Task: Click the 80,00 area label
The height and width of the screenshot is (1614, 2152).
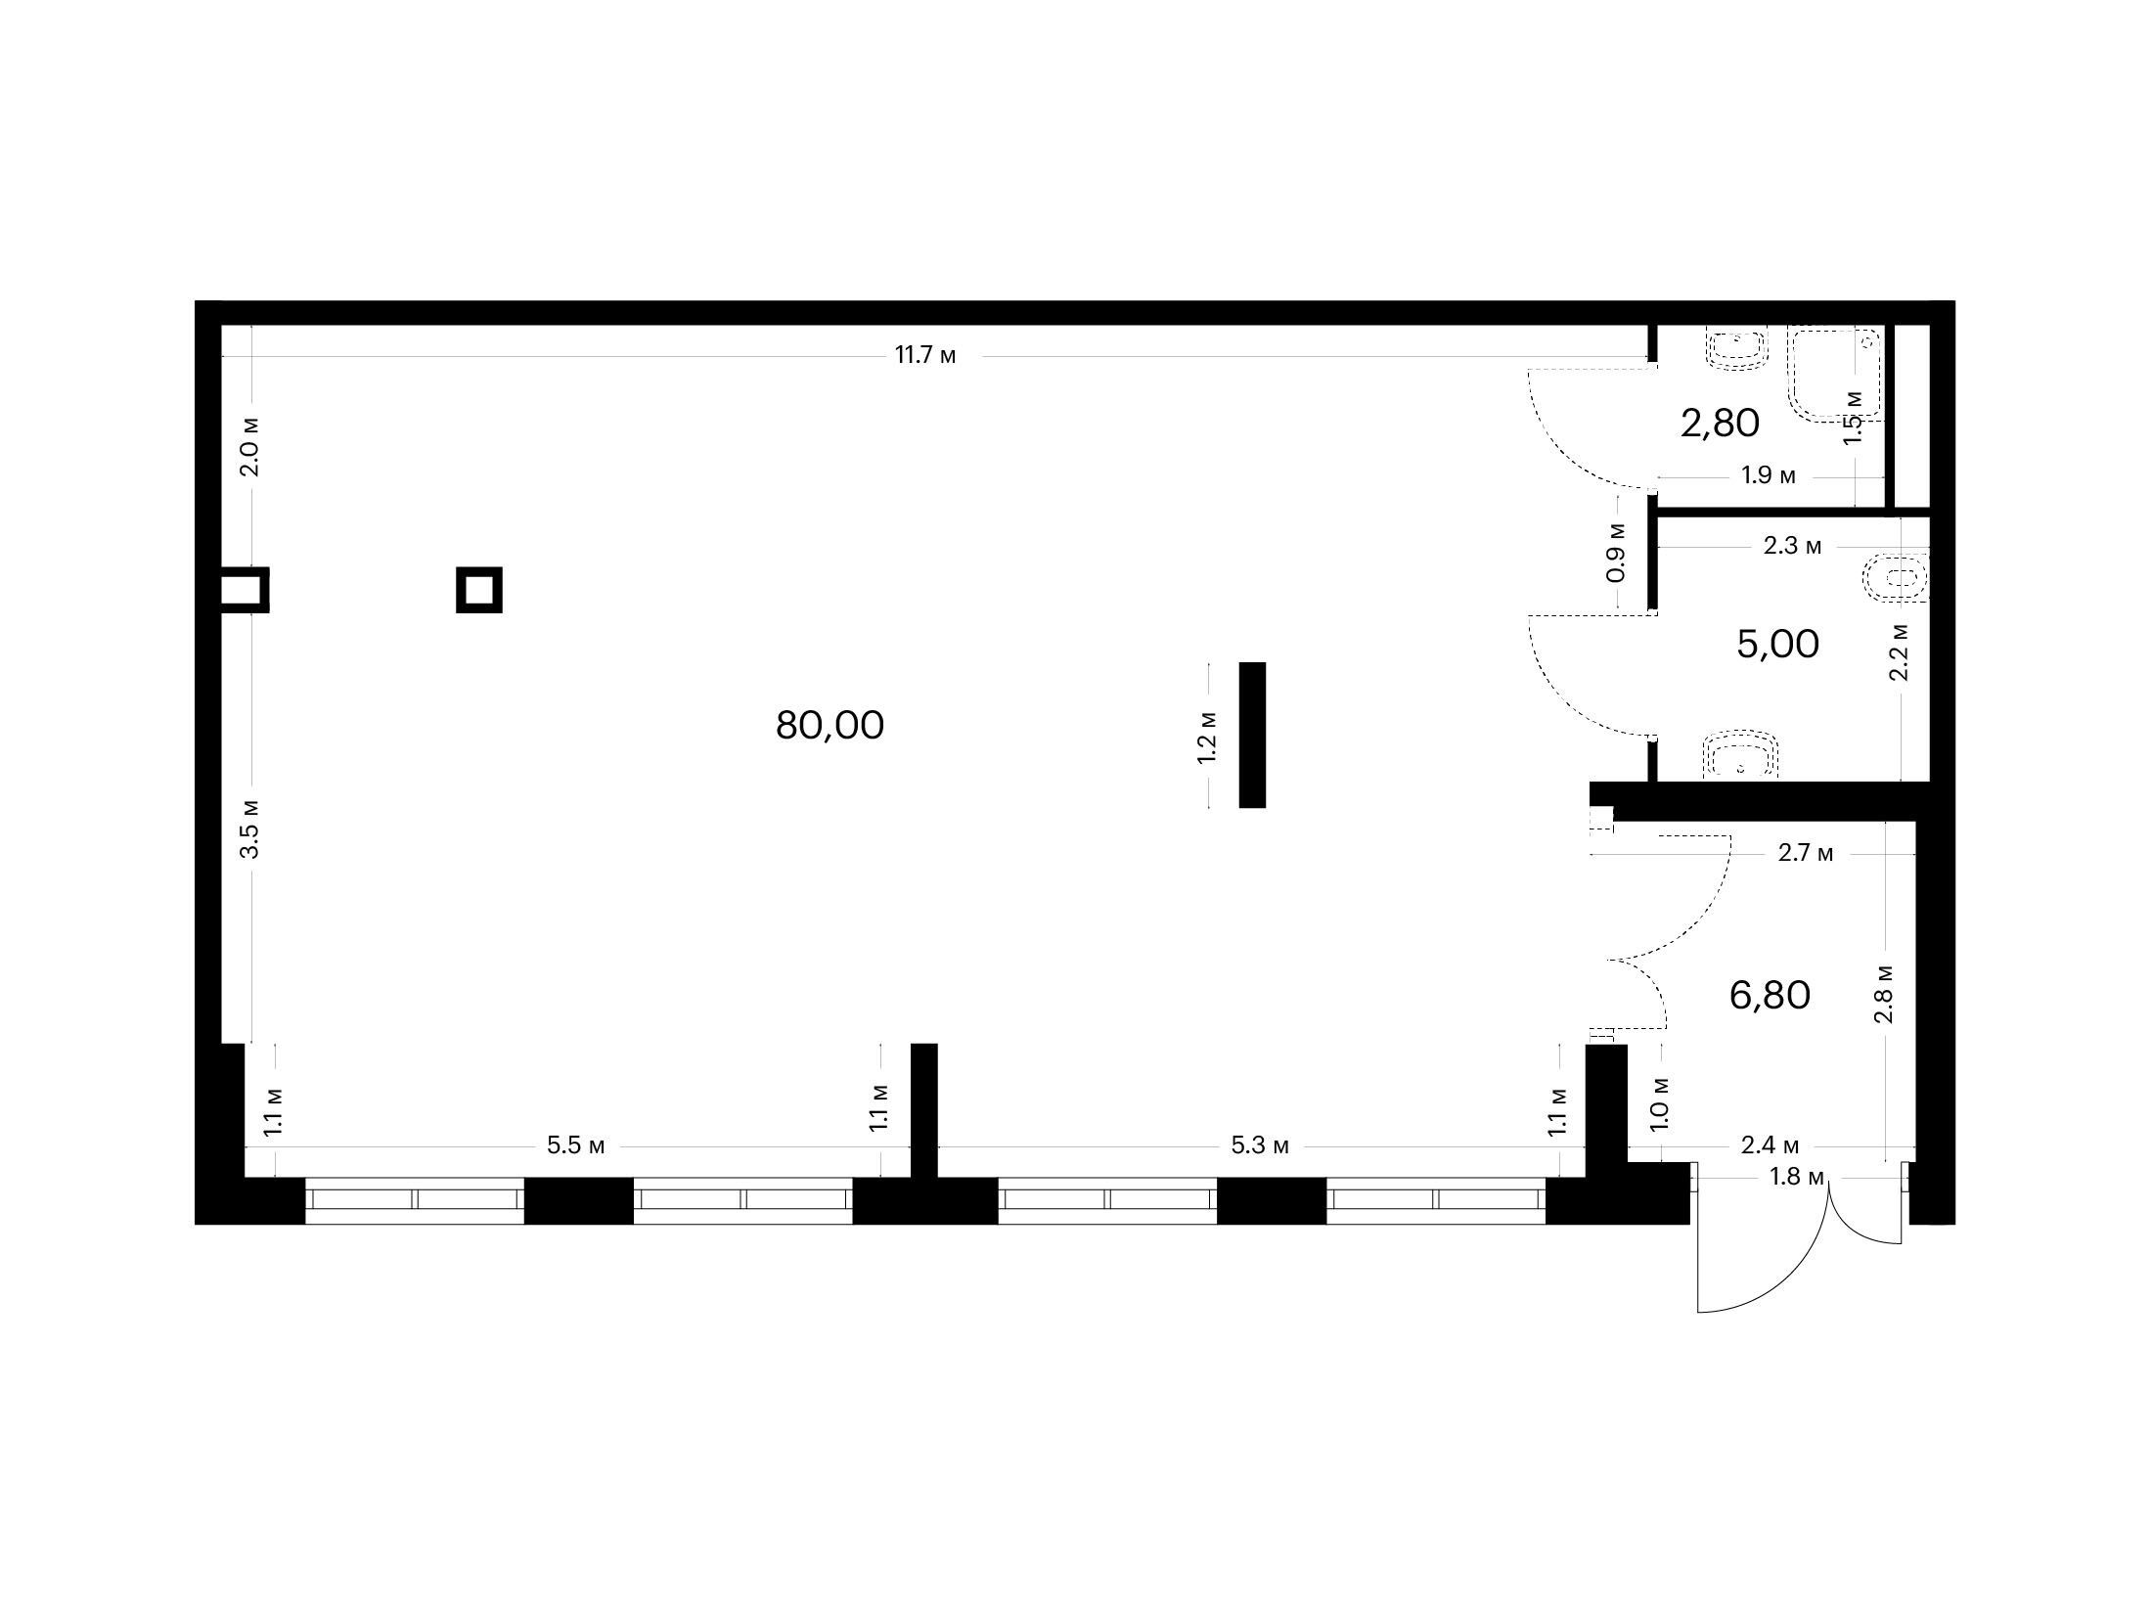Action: coord(829,726)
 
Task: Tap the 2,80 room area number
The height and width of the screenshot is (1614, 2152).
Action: coord(1720,424)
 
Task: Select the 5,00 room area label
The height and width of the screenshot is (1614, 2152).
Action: coord(1777,645)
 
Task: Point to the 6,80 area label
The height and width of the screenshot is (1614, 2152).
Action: coord(1770,996)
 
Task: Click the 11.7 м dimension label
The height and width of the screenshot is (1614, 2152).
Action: coord(925,355)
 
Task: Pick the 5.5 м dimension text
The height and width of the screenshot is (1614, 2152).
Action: coord(576,1145)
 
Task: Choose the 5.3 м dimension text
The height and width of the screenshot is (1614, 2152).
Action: coord(1260,1145)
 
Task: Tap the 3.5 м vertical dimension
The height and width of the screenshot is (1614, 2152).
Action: coord(251,829)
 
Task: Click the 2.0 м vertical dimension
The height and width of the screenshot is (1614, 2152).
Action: coord(251,446)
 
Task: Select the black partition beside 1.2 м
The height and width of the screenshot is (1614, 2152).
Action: coord(1252,735)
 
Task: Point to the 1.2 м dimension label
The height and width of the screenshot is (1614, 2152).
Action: coord(1207,737)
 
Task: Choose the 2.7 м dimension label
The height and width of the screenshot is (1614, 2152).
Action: coord(1806,853)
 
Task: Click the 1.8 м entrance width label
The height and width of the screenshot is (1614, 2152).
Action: coord(1797,1177)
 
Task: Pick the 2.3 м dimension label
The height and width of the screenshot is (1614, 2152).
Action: coord(1792,546)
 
